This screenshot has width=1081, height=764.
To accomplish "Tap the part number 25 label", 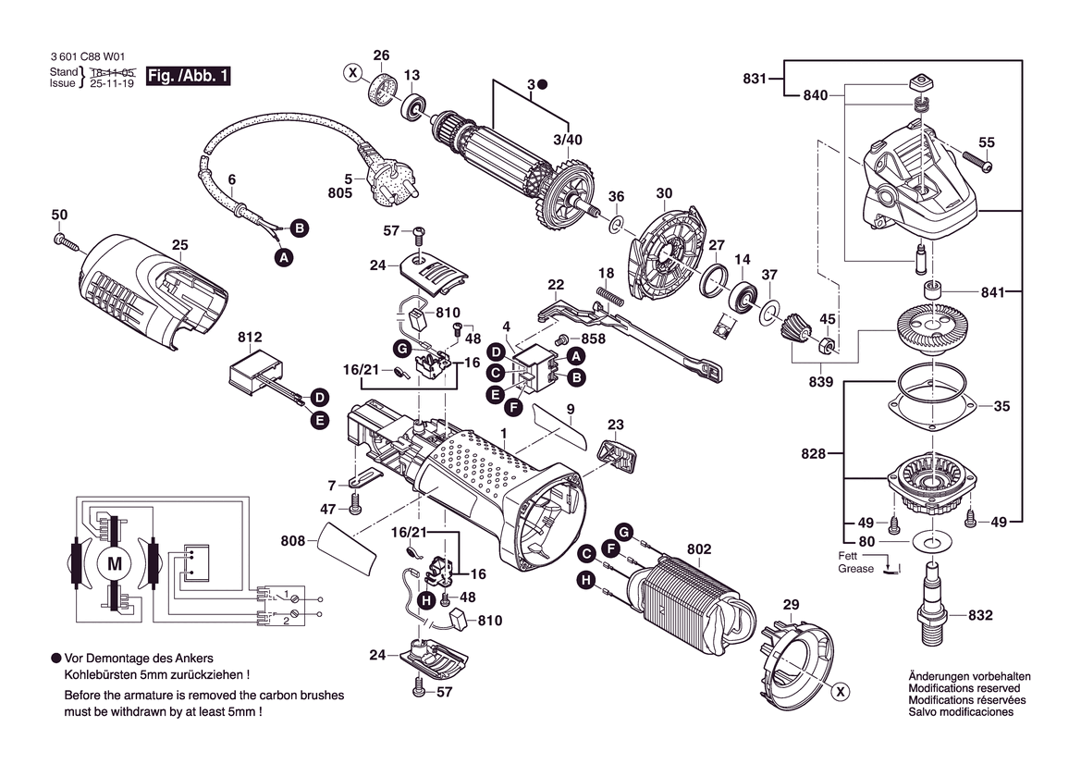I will [179, 245].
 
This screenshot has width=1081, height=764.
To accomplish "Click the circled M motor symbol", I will [115, 563].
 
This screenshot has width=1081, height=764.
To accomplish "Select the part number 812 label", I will [250, 338].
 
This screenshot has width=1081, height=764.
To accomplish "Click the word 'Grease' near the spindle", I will [855, 569].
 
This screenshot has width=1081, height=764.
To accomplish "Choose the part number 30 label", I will [664, 193].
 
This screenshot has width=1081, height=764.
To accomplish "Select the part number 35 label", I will [1001, 405].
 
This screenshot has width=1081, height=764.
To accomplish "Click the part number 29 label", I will [791, 605].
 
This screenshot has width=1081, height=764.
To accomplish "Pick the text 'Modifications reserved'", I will [964, 688].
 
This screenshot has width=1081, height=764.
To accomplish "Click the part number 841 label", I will [993, 292].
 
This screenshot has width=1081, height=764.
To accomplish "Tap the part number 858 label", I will [594, 339].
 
